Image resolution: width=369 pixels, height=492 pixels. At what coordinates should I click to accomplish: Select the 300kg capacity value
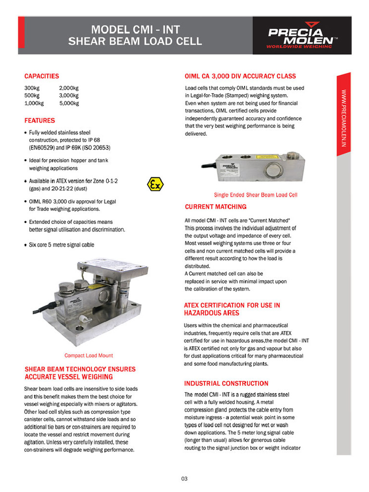tap(32, 88)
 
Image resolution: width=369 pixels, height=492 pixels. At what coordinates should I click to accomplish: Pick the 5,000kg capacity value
tap(69, 103)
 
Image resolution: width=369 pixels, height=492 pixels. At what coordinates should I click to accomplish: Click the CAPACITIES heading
tap(42, 76)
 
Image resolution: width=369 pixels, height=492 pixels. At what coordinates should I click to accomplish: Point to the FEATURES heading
tap(39, 121)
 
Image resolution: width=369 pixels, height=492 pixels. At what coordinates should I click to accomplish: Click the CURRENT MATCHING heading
tap(215, 207)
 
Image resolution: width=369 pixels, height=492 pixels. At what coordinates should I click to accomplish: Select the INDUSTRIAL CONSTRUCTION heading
tap(226, 383)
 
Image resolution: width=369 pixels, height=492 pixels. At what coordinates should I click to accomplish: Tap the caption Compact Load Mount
tap(89, 356)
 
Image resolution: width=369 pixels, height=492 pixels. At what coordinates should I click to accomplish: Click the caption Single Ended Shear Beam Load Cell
tap(256, 195)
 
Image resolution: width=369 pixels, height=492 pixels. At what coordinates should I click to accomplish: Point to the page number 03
tap(184, 479)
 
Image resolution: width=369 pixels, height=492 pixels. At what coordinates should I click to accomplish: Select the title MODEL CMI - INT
tap(135, 29)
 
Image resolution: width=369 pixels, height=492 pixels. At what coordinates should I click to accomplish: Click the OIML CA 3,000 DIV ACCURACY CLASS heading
tap(240, 76)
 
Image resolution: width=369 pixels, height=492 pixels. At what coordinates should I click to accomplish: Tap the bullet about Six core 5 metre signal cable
tap(61, 245)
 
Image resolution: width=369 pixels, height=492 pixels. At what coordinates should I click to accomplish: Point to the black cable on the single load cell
tap(205, 167)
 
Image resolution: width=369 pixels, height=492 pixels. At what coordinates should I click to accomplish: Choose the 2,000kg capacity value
tap(69, 88)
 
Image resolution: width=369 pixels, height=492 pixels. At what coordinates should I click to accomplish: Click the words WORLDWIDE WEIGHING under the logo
tap(299, 47)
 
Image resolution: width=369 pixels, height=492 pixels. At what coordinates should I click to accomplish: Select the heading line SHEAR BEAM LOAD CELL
tap(135, 41)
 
